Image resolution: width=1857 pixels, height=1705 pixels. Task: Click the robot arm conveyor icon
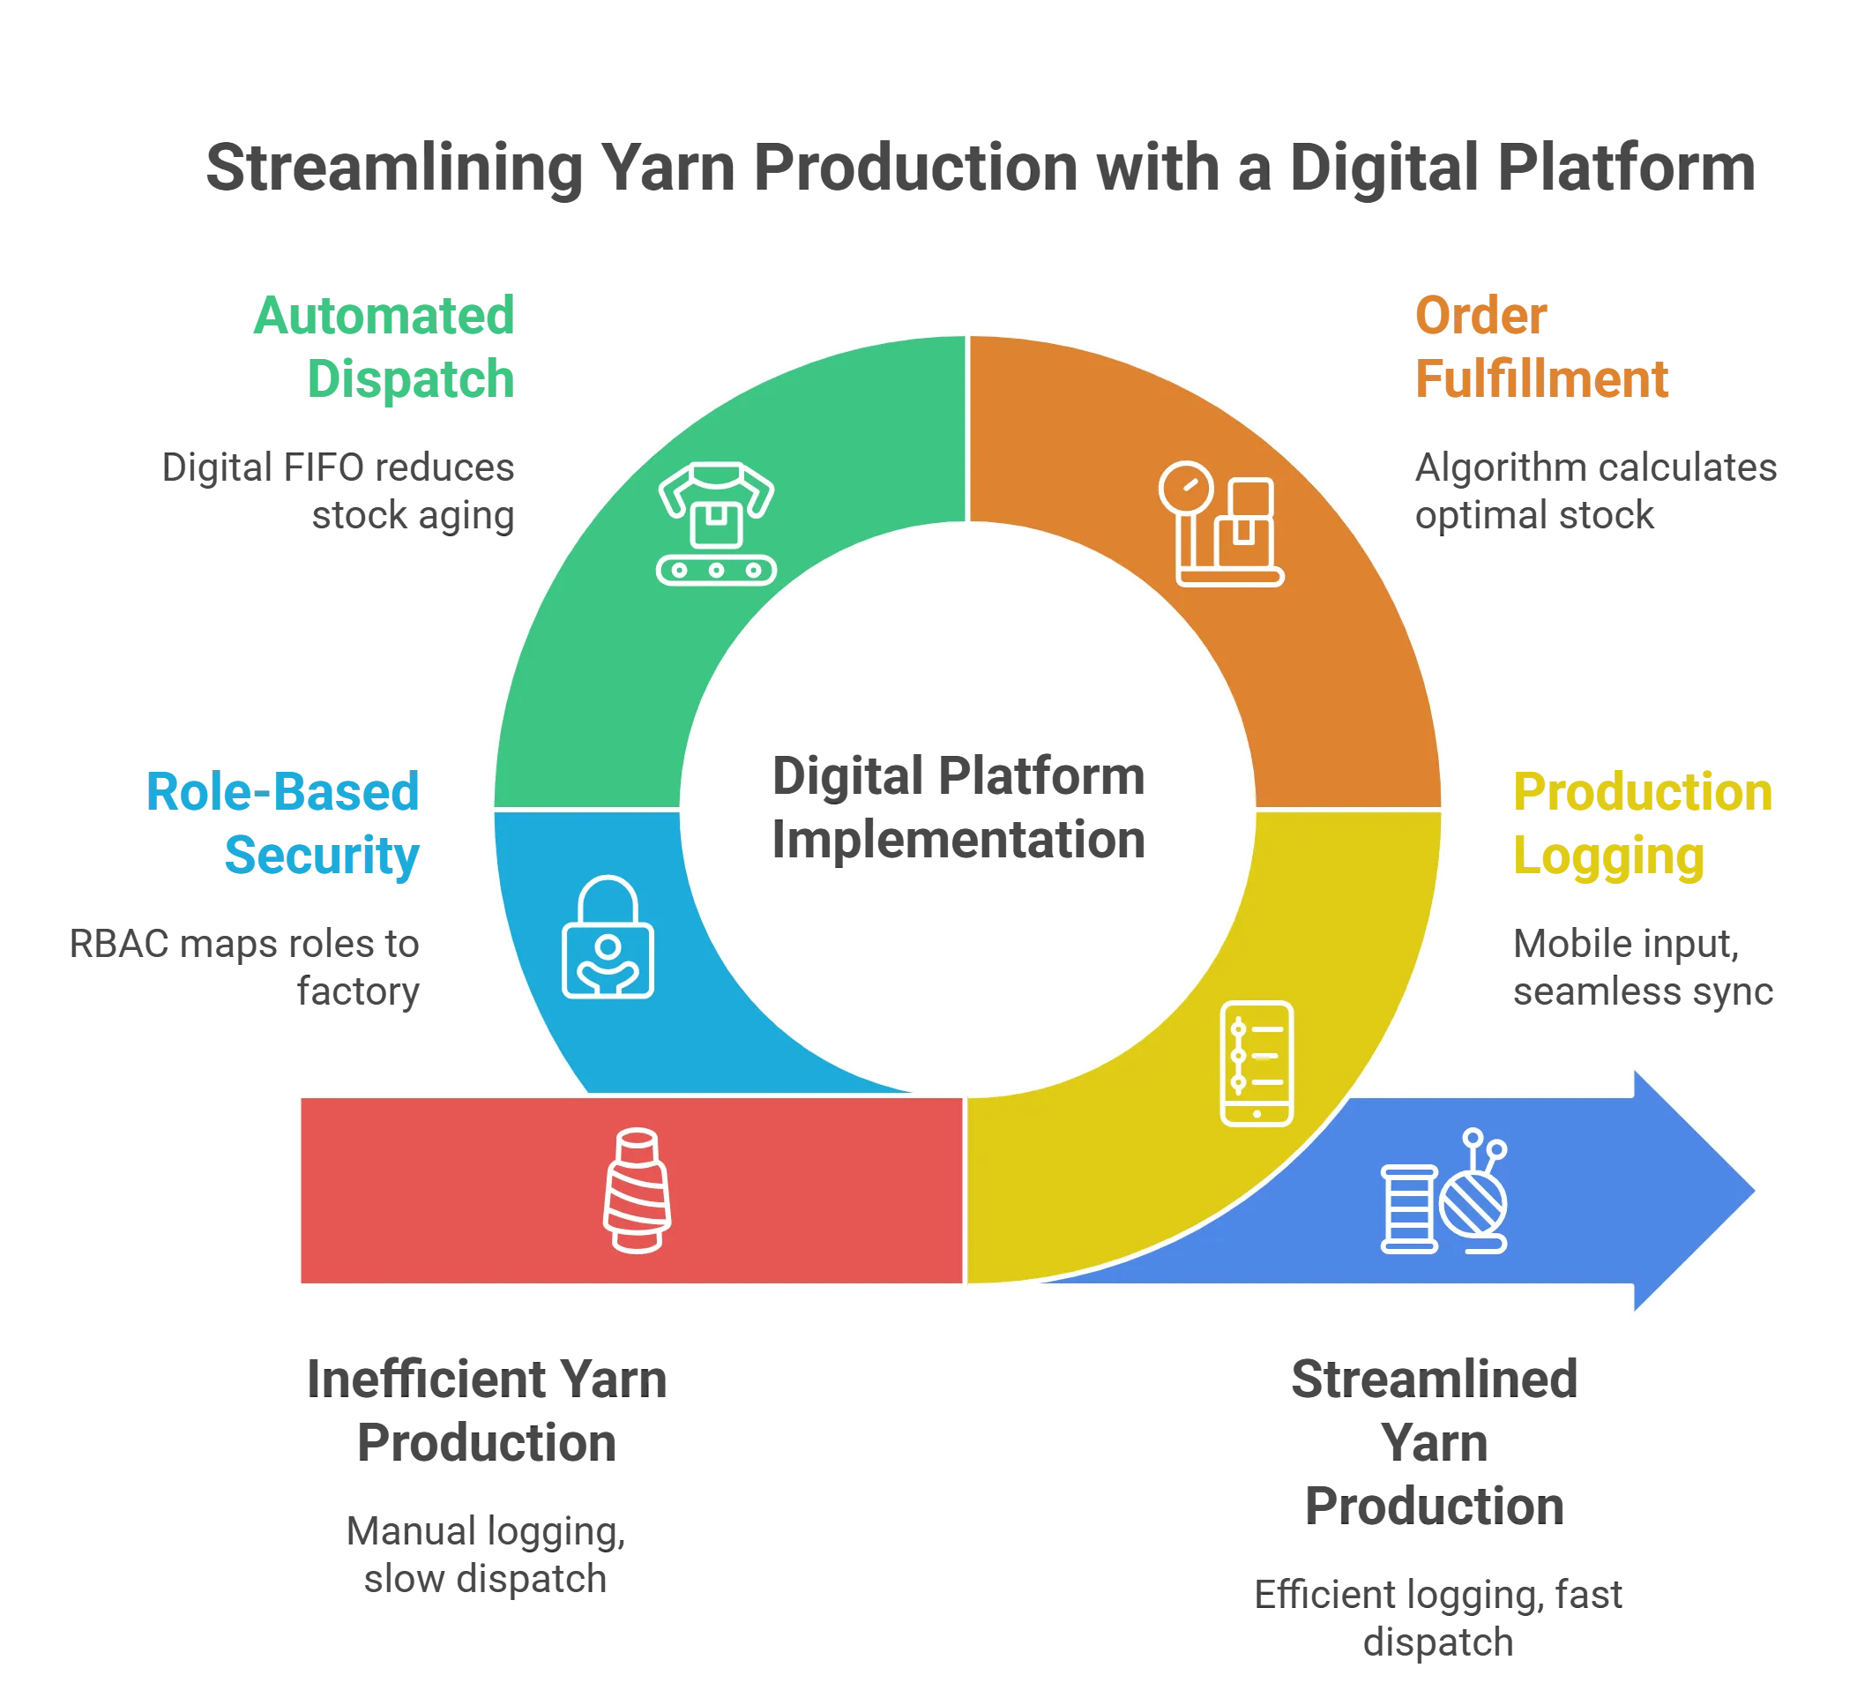(x=716, y=523)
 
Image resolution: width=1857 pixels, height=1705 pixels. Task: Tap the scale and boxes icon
(x=1220, y=523)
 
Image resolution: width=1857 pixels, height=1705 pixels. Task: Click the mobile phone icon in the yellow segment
(x=1256, y=1063)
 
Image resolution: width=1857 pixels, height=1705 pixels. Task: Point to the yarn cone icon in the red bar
(x=637, y=1190)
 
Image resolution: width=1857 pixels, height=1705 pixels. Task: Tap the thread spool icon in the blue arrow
(x=1409, y=1209)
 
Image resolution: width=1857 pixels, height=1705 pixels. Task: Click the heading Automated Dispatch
(x=384, y=346)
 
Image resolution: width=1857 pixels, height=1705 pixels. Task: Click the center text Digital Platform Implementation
(x=958, y=807)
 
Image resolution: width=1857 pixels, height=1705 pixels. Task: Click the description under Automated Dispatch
(x=339, y=492)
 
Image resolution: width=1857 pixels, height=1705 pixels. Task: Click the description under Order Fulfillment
(x=1594, y=492)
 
